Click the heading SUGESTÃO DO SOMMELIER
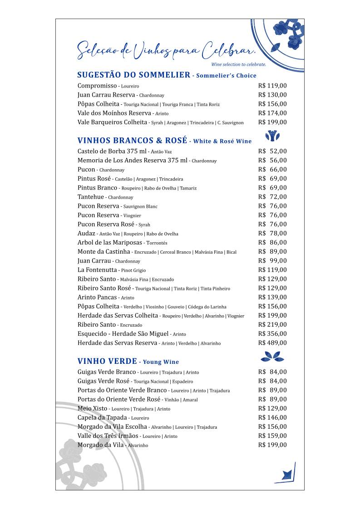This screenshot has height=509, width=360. point(133,75)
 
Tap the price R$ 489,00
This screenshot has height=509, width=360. point(272,343)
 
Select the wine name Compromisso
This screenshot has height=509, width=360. point(97,86)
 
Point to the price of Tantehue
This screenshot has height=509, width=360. point(272,197)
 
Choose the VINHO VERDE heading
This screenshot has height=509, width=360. point(107,362)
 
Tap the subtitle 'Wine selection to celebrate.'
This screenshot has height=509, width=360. point(238,64)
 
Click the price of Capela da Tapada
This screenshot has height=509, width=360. point(272,417)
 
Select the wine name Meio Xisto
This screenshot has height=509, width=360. point(93,408)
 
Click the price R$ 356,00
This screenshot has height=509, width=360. point(272,334)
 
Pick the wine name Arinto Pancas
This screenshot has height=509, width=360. point(97,297)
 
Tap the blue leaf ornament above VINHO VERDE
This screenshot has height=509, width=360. point(274,356)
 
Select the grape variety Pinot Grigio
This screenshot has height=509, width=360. point(133,270)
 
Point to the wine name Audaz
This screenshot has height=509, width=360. point(86,233)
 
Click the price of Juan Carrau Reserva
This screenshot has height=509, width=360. point(272,95)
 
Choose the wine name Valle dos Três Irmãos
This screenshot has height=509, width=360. point(108,436)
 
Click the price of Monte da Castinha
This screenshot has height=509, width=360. point(272,252)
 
